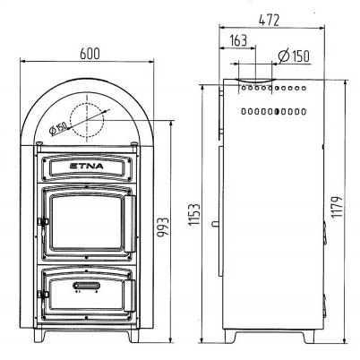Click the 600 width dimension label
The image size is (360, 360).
90,54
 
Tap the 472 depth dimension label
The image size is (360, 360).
270,21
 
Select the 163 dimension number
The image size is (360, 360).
239,40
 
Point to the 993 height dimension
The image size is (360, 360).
163,227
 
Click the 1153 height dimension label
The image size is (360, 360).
193,214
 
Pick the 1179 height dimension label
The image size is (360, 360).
337,207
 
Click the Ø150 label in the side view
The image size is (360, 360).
294,56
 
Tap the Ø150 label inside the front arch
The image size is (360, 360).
58,128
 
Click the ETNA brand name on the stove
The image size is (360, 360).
86,166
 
